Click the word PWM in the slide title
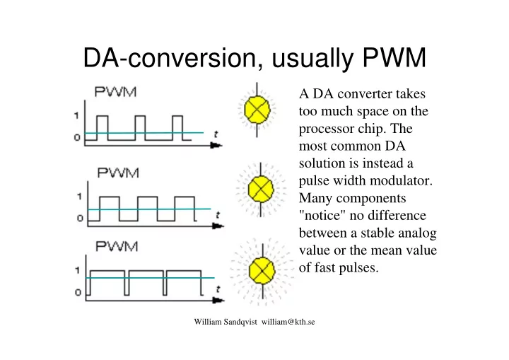click(x=394, y=58)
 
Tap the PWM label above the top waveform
click(x=115, y=92)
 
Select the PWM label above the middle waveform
click(x=118, y=173)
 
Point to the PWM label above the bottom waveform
click(x=117, y=247)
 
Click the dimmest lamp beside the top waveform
click(x=257, y=110)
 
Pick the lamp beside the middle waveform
click(x=261, y=190)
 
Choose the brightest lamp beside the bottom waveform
click(x=262, y=270)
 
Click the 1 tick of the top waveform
click(x=76, y=115)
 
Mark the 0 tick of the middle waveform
click(x=80, y=218)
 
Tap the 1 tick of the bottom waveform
click(x=77, y=270)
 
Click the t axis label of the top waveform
click(x=216, y=134)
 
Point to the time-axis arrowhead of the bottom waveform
click(x=218, y=300)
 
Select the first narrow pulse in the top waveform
click(x=103, y=128)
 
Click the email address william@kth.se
click(x=288, y=322)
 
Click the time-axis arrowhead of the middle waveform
click(x=218, y=226)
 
